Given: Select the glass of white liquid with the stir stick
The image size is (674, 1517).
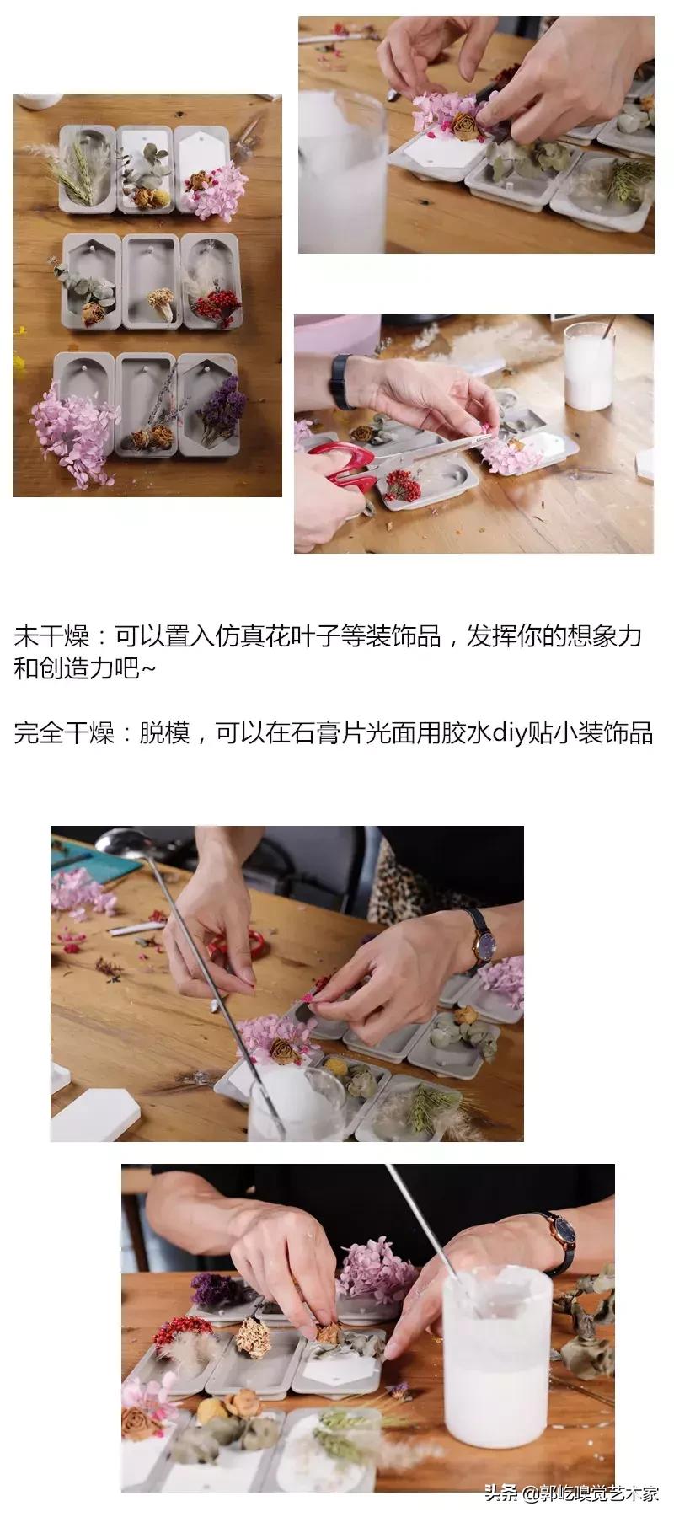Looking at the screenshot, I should (586, 367).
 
